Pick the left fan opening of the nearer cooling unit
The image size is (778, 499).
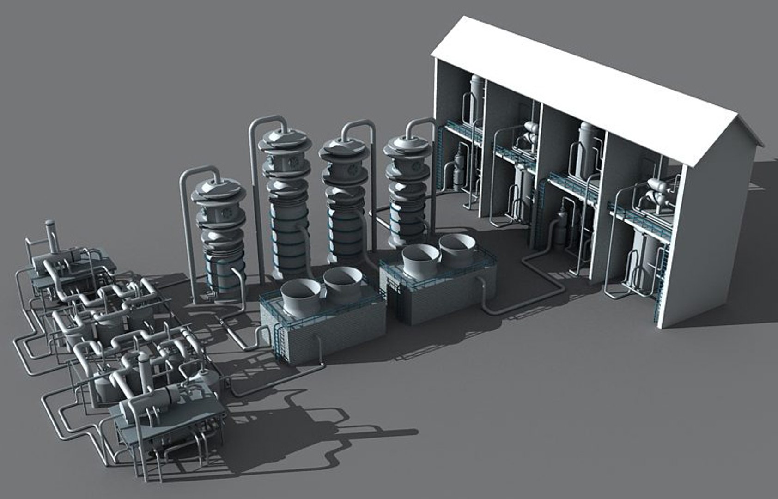pos(300,296)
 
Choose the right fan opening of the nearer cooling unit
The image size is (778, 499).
pos(342,281)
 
